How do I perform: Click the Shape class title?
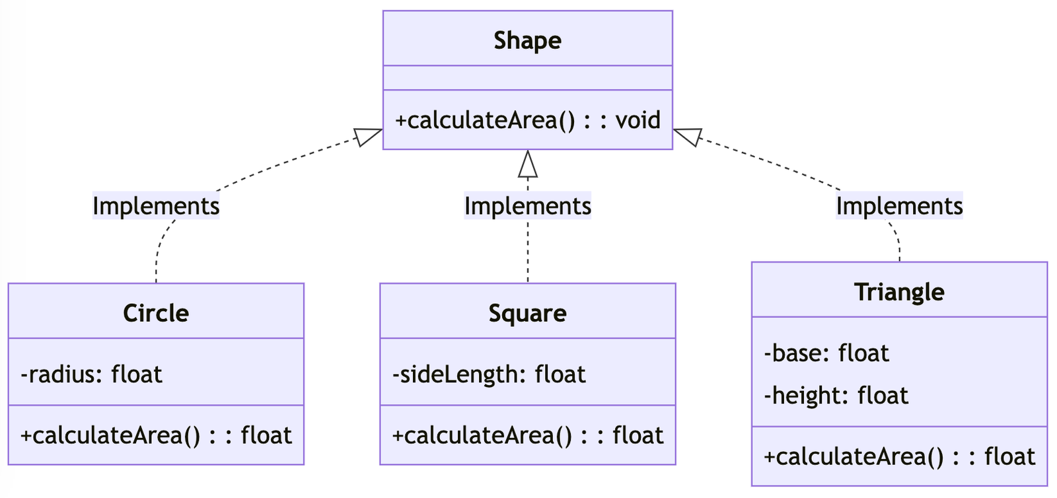(527, 40)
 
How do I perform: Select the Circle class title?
(156, 313)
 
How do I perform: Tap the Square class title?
(527, 313)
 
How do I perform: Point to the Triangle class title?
(899, 292)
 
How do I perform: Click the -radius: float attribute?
(91, 374)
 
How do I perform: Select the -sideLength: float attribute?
(489, 374)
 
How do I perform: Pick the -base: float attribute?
(826, 353)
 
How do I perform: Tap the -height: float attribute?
(836, 396)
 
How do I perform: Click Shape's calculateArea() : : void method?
(527, 120)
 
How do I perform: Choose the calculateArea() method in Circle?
(156, 435)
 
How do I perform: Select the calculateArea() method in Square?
(527, 435)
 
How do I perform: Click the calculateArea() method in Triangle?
(899, 456)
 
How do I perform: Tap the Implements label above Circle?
(156, 206)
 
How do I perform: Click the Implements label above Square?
(527, 206)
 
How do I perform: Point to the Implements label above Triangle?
(899, 206)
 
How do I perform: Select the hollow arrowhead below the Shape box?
(527, 164)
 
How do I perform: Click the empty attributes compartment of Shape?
(527, 78)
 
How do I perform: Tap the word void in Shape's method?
(638, 120)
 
